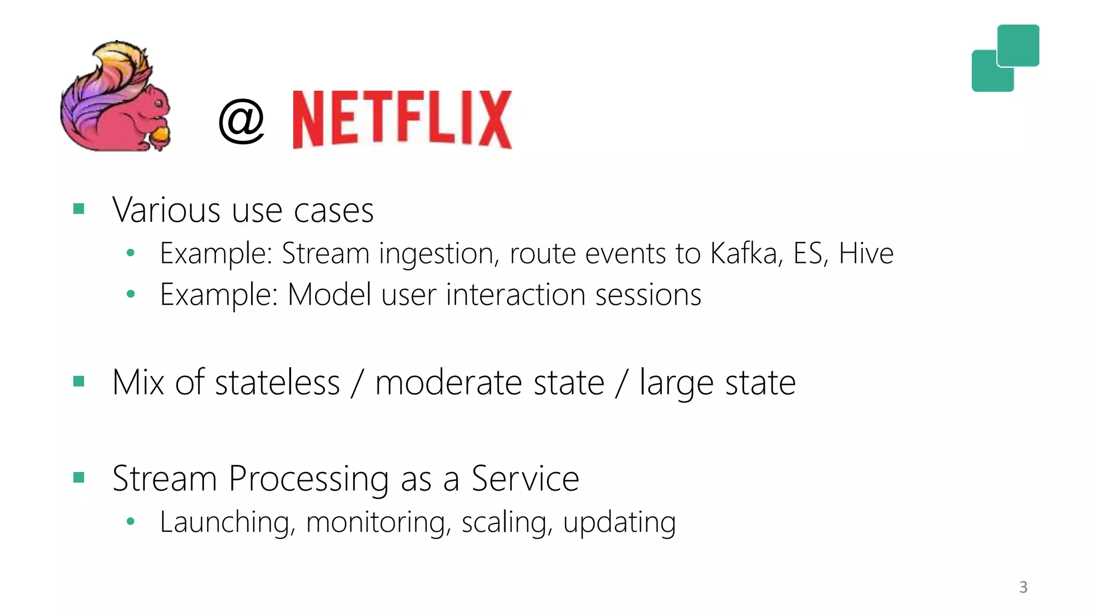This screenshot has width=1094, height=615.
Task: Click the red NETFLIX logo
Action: coord(402,119)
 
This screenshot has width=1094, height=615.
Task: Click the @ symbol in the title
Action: coord(241,121)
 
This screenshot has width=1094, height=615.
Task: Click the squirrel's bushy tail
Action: coord(96,91)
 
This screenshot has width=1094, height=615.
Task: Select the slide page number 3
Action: coord(1023,587)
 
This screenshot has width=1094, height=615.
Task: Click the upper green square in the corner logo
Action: coord(1018,45)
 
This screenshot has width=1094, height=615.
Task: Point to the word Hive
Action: coord(866,253)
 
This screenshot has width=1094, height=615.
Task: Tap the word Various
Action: coord(166,210)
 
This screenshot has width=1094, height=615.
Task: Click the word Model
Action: coord(329,294)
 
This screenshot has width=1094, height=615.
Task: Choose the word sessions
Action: coord(648,295)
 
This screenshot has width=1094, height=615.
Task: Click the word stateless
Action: coord(277,383)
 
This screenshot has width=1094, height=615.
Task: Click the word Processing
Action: coord(309,479)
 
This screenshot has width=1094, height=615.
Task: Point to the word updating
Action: coord(619,523)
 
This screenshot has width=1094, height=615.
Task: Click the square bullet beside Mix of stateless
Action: coord(79,381)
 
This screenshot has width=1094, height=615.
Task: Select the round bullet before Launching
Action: coord(130,522)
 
